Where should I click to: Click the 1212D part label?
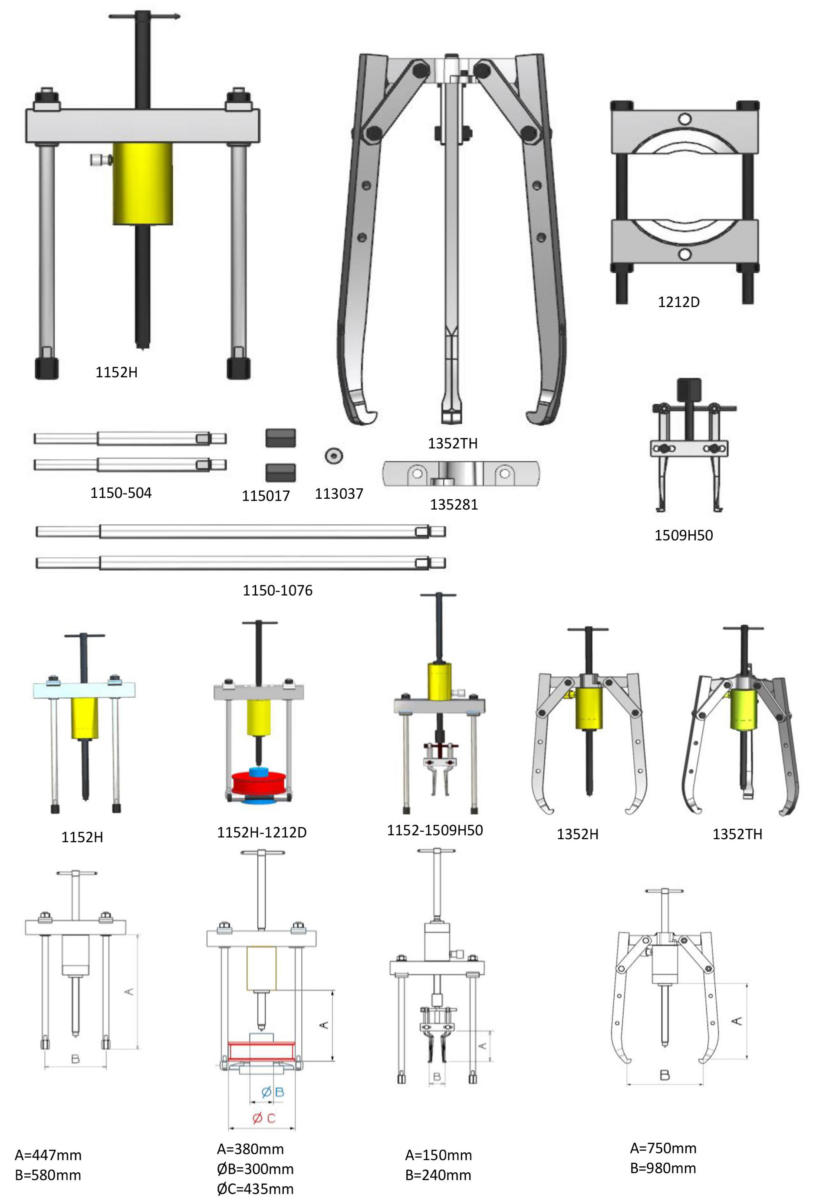coord(678,302)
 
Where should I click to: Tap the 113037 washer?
coord(335,455)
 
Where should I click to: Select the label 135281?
coord(454,504)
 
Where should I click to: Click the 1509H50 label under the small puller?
coord(684,535)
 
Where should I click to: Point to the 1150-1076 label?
coord(277,590)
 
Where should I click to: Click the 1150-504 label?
coord(121,493)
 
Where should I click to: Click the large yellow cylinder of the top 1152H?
coord(142,184)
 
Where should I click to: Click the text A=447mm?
coord(48,1155)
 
